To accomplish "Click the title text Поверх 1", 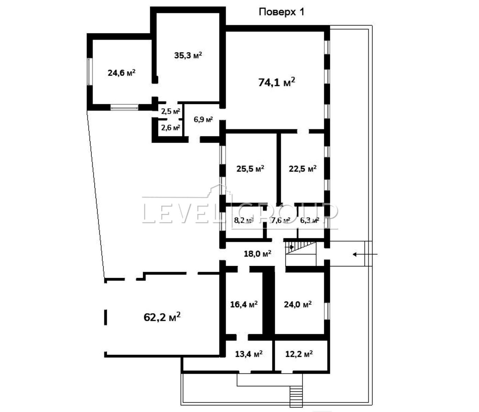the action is [x=281, y=12].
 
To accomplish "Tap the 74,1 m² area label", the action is [x=277, y=82].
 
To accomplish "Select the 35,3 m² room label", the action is [x=188, y=55].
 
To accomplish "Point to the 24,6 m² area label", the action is [x=122, y=73].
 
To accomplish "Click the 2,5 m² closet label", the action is [x=171, y=111].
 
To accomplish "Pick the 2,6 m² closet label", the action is [x=171, y=127].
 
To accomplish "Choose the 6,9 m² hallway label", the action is [x=204, y=119].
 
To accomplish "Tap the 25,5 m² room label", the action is [x=250, y=169].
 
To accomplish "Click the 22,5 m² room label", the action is [x=303, y=169].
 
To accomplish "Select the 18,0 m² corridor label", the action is [x=258, y=254].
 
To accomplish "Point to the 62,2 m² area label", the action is [x=162, y=317].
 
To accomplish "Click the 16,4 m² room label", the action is [x=244, y=304].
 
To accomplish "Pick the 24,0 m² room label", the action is [x=298, y=304].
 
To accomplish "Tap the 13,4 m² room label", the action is [x=249, y=354].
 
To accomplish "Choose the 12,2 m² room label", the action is [x=299, y=354].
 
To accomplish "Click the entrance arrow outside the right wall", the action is [x=365, y=254].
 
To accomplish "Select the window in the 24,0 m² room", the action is [x=327, y=311].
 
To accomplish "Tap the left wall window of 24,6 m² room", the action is [x=90, y=71].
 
